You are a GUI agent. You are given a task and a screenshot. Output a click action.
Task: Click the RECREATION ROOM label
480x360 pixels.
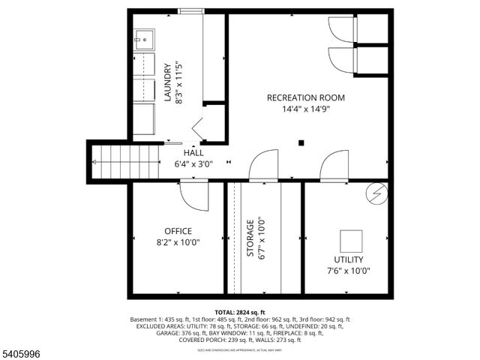coord(306,97)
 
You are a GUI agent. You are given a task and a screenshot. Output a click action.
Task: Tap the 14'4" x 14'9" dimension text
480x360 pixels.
coord(305,109)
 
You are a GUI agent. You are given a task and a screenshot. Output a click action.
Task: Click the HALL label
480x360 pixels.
coord(193,152)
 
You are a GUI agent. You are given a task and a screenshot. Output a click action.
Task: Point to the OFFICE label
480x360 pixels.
coord(178,231)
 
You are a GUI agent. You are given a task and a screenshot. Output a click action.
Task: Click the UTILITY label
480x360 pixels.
coord(348,259)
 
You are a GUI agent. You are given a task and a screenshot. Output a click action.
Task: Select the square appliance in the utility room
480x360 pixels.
coord(351,241)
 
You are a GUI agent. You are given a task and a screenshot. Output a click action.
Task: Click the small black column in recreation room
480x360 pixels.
coord(301,142)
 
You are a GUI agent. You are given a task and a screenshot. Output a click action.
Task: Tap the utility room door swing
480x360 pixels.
coord(334,166)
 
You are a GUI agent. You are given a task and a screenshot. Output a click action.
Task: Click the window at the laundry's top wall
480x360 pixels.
coord(190,10)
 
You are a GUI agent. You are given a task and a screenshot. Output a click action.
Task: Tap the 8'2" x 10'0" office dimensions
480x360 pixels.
coord(178,242)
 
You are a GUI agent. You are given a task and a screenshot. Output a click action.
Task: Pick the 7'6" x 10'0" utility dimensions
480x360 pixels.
coord(348,271)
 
